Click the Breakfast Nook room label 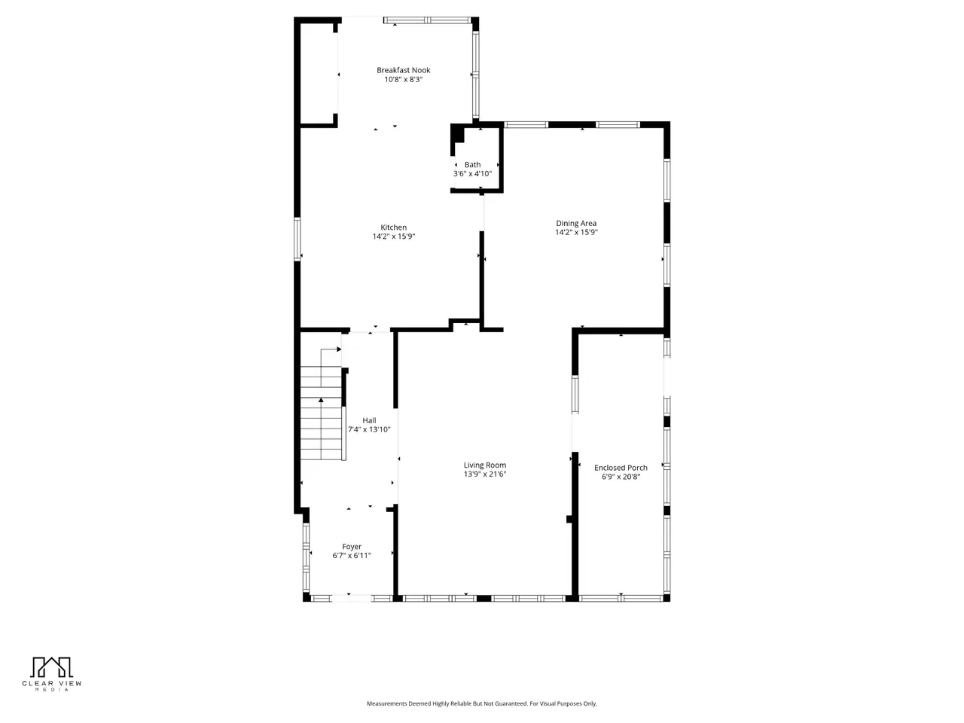coord(403,70)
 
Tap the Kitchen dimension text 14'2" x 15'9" coord(393,236)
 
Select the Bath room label coord(472,165)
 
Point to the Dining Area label coord(576,224)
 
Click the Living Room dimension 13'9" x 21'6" coord(485,474)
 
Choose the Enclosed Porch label coord(621,468)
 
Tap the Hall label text coord(369,420)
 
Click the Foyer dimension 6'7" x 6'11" coord(352,556)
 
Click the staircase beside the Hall coord(321,413)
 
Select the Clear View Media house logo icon coord(51,667)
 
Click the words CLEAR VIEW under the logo coord(52,684)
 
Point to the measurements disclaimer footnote coord(482,703)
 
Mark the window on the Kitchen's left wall coord(297,239)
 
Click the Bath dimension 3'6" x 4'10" coord(472,174)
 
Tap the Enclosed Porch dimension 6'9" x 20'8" coord(621,477)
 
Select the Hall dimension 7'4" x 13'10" coord(369,430)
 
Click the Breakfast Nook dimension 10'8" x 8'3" coord(403,80)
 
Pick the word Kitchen coord(393,227)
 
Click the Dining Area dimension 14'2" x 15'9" coord(576,232)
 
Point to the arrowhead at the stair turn coord(339,349)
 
